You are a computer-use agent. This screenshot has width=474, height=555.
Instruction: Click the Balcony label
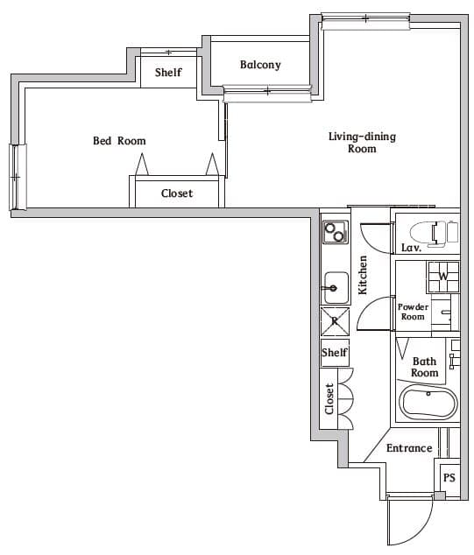(260, 65)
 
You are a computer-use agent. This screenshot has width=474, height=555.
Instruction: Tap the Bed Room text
(119, 141)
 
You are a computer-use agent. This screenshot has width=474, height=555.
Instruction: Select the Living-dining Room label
(362, 143)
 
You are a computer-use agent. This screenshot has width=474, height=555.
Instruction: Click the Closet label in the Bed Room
(177, 193)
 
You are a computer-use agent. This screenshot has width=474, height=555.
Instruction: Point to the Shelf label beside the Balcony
(168, 73)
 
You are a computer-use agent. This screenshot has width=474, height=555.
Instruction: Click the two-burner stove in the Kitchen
(335, 232)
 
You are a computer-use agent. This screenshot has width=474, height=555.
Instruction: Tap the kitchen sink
(335, 286)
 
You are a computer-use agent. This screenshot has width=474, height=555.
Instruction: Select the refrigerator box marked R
(335, 321)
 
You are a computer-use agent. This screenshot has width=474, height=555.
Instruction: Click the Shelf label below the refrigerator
(335, 353)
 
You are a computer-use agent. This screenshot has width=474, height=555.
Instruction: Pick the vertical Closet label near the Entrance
(330, 399)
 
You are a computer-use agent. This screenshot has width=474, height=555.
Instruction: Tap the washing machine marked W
(442, 277)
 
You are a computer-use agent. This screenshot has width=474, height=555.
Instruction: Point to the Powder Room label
(413, 312)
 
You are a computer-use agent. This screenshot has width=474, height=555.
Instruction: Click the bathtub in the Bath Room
(428, 404)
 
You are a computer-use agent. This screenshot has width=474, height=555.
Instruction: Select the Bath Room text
(424, 367)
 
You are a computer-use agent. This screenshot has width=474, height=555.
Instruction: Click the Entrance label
(409, 448)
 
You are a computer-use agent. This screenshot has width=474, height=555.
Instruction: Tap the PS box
(449, 478)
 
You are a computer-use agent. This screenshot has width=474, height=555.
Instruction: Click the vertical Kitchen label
(363, 274)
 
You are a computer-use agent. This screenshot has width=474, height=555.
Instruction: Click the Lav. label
(412, 249)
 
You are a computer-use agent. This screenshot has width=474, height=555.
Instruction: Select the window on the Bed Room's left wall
(15, 177)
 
